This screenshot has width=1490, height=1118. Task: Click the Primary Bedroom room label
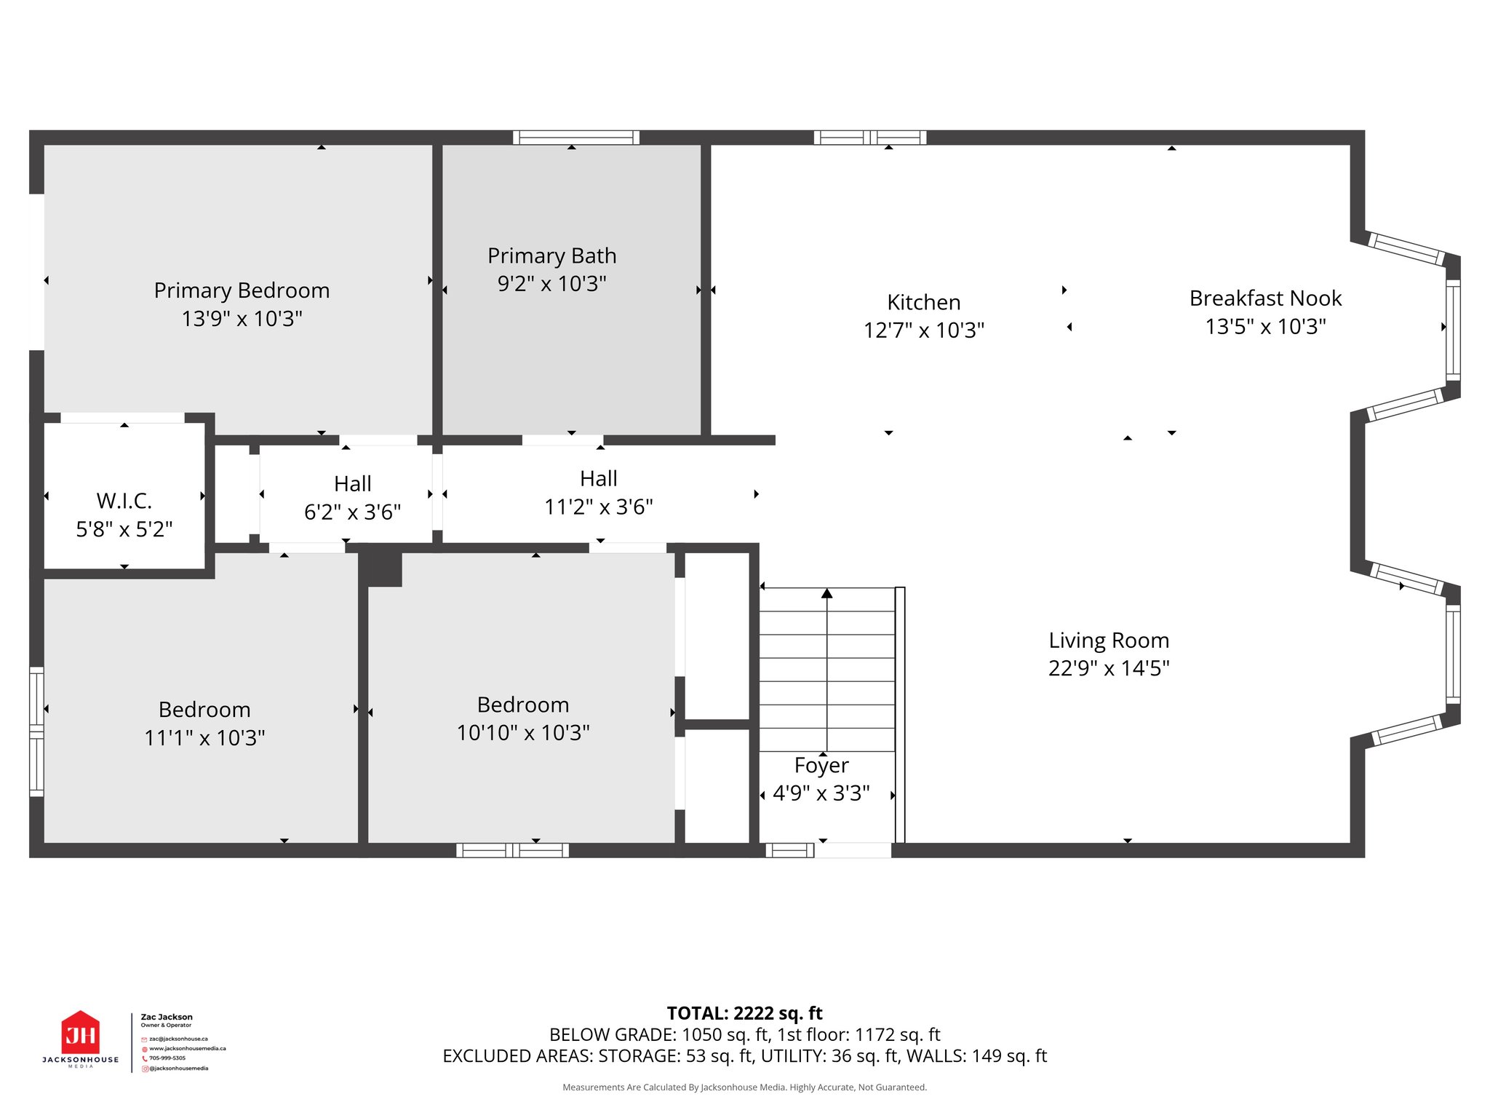pos(242,290)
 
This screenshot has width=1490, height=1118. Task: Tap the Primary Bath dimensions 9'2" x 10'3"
pos(551,284)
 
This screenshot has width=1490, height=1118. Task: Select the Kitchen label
pos(923,302)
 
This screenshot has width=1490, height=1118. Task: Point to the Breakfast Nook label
pos(1265,298)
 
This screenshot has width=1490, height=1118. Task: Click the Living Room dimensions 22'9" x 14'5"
pos(1108,668)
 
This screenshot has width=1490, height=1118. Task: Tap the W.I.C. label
pos(124,501)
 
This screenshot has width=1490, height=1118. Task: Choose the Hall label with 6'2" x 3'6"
pos(353,484)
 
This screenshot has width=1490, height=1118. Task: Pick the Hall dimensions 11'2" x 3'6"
pos(598,507)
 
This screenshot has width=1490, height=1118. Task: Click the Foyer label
pos(821,765)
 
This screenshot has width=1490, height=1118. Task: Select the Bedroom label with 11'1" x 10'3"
pos(204,710)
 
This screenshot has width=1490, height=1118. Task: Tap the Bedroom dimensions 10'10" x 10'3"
pos(522,732)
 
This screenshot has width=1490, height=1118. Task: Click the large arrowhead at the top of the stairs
pos(826,593)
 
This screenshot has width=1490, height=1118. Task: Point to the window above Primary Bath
pos(575,138)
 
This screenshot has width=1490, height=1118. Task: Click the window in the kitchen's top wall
pos(869,138)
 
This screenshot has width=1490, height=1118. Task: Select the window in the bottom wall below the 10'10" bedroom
pos(512,850)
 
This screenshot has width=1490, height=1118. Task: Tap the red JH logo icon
pos(81,1033)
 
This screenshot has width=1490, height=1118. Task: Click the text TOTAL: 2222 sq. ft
pos(744,1013)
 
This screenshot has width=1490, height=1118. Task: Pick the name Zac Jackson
pos(167,1017)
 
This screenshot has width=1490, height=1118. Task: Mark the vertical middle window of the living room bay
pos(1452,654)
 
